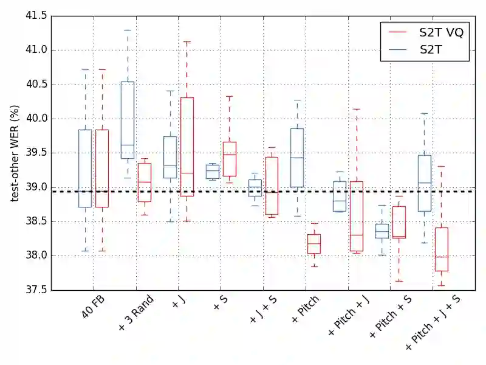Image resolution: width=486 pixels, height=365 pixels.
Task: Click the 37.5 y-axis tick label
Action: point(36,290)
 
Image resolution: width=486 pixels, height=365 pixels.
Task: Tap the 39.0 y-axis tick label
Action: point(36,187)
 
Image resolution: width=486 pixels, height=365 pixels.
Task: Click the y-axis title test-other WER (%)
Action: point(15,153)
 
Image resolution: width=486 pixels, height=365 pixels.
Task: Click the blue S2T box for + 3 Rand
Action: point(128,120)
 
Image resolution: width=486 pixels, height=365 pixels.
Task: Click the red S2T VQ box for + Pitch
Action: point(314,244)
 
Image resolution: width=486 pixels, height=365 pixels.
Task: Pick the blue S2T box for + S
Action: point(212,172)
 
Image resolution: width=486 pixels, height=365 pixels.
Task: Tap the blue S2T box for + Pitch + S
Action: point(382,231)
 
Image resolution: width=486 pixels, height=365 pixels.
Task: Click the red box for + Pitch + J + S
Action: point(442,249)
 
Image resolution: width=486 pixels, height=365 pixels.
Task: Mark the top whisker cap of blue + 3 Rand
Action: point(128,30)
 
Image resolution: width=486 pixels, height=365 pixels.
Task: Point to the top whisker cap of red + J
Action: point(187,42)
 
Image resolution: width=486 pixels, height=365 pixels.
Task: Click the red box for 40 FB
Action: point(102,169)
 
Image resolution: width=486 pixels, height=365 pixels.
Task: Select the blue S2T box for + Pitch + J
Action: point(340,196)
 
